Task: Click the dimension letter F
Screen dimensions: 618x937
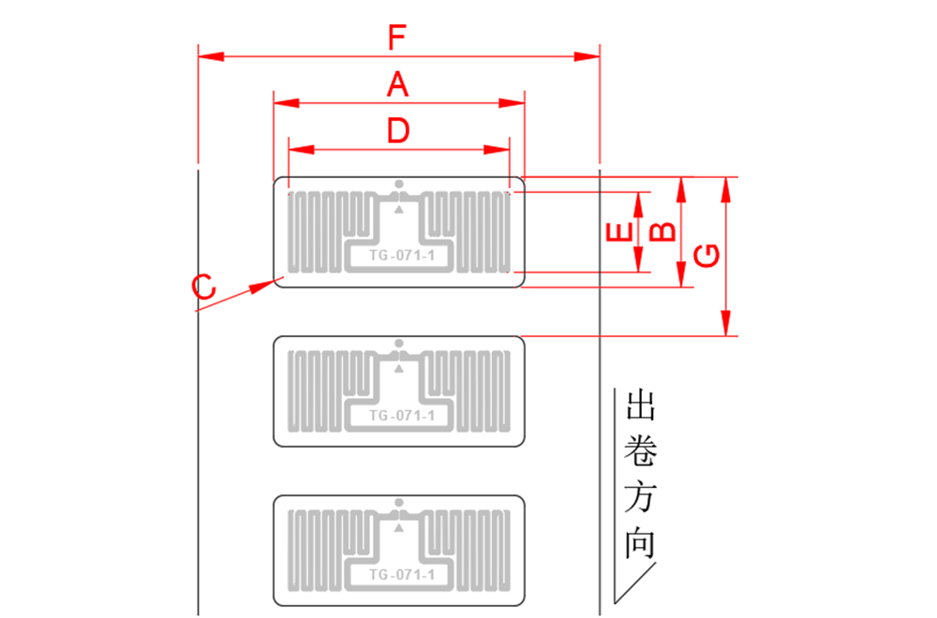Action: pos(398,38)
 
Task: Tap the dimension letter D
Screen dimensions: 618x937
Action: pos(398,131)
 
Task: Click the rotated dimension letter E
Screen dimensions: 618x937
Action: pos(617,232)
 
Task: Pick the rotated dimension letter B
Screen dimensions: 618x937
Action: pos(662,231)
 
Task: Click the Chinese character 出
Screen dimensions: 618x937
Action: pos(640,406)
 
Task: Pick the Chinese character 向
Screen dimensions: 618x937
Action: pos(640,544)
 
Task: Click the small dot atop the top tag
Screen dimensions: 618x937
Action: pos(399,184)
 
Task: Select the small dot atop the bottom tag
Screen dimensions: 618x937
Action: pos(399,502)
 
